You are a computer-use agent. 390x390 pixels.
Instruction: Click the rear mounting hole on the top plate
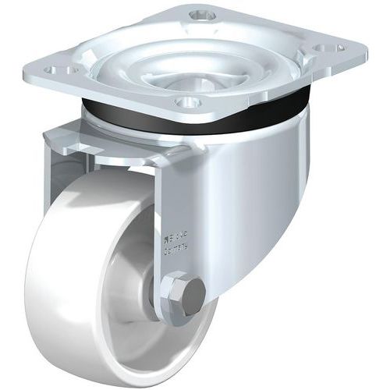pyautogui.click(x=203, y=14)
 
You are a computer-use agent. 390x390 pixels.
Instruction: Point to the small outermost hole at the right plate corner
pyautogui.click(x=341, y=47)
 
